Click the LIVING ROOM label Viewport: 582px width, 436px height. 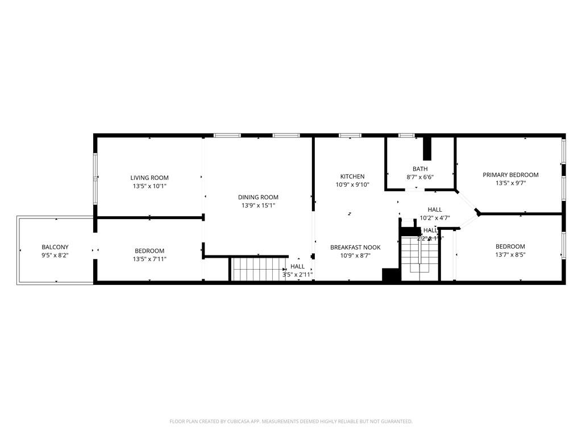click(x=149, y=178)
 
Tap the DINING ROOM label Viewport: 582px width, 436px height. click(x=258, y=197)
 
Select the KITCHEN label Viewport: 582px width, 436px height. click(x=352, y=177)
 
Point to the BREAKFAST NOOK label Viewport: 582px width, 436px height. click(x=355, y=248)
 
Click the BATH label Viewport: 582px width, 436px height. click(x=420, y=169)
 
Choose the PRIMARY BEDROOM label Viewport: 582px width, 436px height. click(x=510, y=175)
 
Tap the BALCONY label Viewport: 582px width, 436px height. click(x=55, y=247)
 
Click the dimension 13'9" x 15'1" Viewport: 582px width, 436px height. click(x=258, y=206)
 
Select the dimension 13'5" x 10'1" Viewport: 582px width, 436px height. click(x=149, y=186)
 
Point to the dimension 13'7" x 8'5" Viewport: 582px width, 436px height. click(x=510, y=255)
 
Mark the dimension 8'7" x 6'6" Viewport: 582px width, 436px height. click(x=420, y=177)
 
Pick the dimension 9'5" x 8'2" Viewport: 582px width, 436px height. click(x=55, y=255)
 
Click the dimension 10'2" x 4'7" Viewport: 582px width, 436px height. click(x=435, y=217)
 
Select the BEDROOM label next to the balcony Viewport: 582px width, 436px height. click(x=149, y=251)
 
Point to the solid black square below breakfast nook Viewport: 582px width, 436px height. click(x=391, y=275)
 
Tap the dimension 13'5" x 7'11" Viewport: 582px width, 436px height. click(x=149, y=259)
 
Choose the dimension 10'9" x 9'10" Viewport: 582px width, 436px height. click(x=352, y=185)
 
